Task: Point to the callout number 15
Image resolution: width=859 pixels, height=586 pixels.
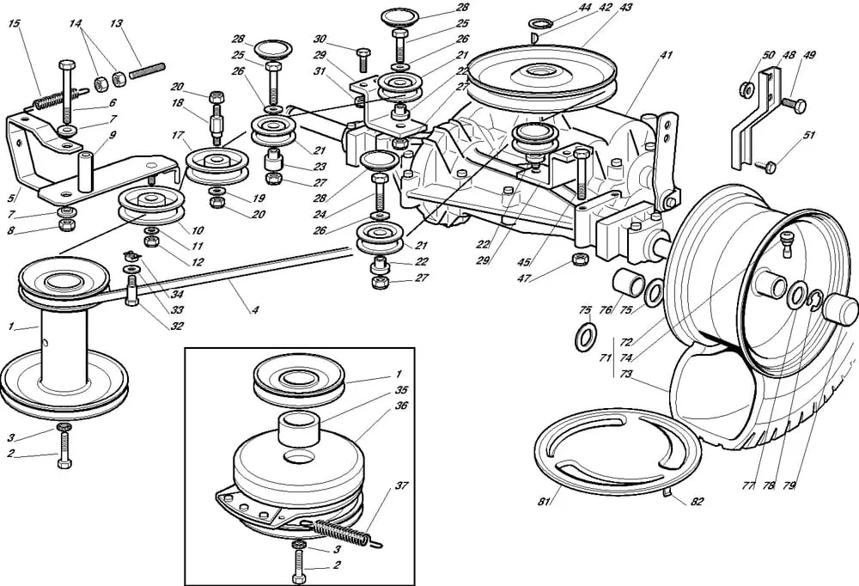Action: click(13, 23)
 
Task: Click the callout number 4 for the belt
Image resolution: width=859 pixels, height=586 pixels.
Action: click(255, 310)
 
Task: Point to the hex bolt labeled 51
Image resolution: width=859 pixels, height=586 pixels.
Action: click(769, 164)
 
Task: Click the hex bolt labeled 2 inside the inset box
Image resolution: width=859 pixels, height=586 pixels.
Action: click(297, 567)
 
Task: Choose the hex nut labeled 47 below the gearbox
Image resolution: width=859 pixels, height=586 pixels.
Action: click(577, 259)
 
